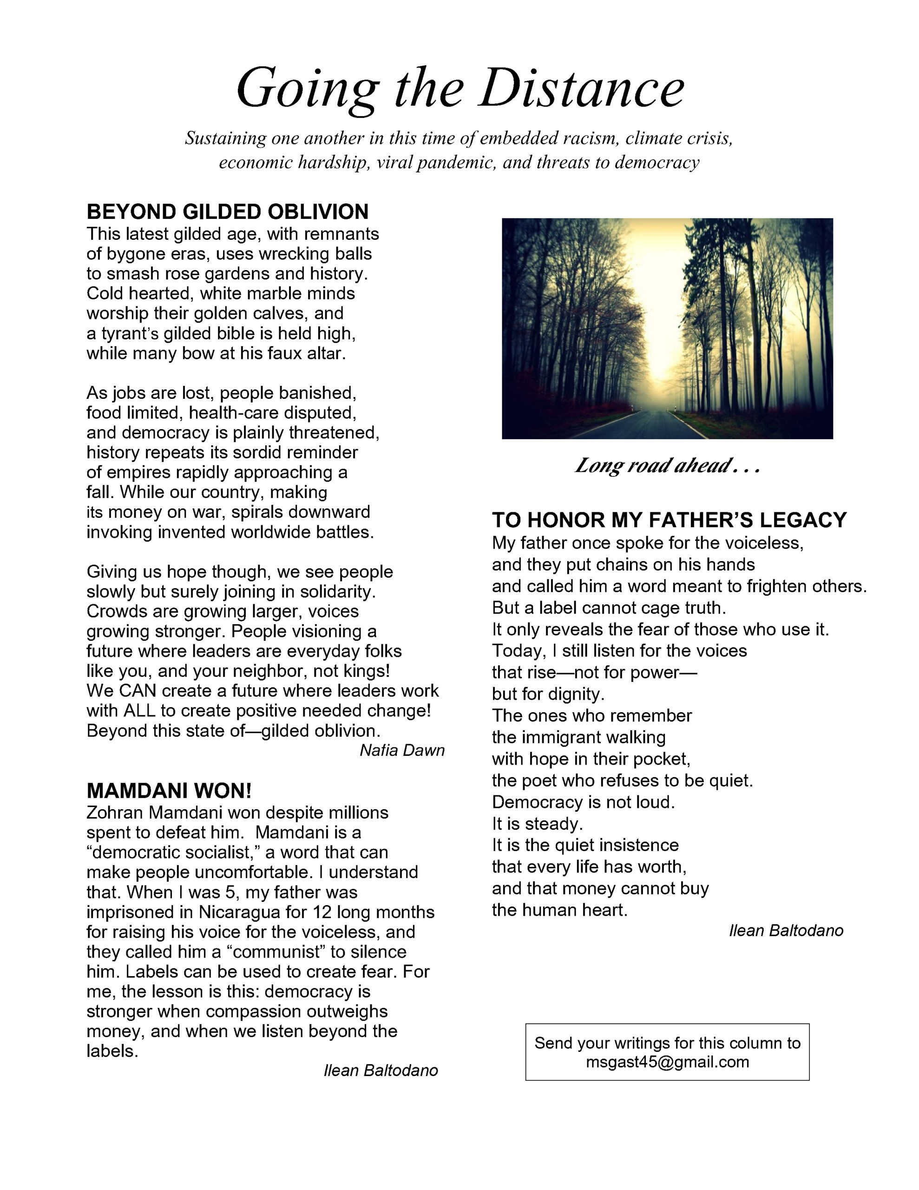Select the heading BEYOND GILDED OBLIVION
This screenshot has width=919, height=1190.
point(227,212)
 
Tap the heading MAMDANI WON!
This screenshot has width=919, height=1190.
point(169,790)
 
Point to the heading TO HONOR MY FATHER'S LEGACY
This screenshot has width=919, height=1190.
point(669,520)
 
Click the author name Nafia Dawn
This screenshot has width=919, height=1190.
point(402,750)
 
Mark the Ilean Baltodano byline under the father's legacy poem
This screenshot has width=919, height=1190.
point(786,930)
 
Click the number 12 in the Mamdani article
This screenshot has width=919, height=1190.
point(322,912)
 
